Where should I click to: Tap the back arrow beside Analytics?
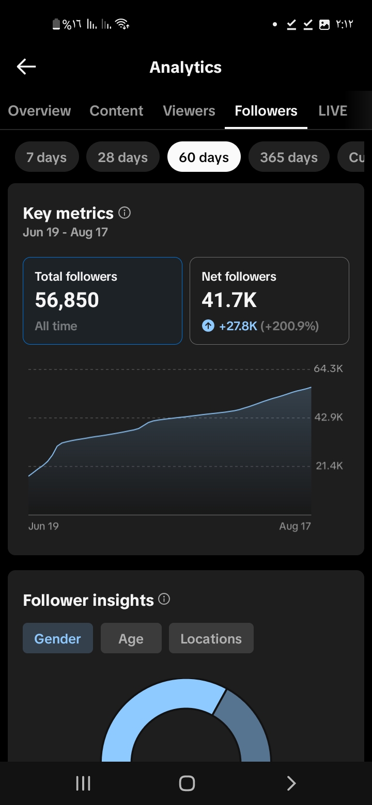pos(26,67)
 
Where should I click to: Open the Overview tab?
pos(40,110)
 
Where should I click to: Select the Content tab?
pos(116,110)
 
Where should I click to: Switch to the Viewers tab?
pos(189,110)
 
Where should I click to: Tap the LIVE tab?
pos(333,110)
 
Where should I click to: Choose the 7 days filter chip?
pos(47,157)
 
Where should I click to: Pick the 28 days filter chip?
pos(122,157)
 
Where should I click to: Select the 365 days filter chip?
pos(289,157)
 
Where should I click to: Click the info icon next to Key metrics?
pos(125,213)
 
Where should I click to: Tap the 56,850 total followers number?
pos(67,300)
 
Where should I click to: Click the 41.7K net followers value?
pos(229,300)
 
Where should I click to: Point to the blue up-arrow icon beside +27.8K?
pos(208,326)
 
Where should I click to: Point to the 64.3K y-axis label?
pos(328,368)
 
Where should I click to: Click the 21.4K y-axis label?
pos(329,466)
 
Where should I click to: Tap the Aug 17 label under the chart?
pos(295,526)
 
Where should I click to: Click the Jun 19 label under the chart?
pos(43,526)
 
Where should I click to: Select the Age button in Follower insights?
pos(131,638)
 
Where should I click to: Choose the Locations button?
pos(211,638)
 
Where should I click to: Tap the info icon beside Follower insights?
pos(164,599)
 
